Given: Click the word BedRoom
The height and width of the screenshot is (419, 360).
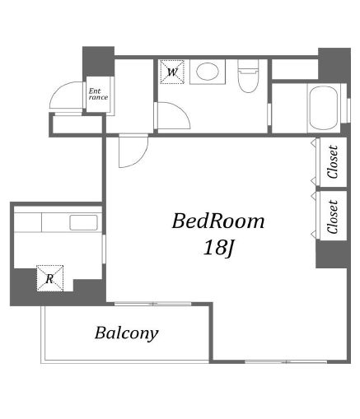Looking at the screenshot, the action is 218,221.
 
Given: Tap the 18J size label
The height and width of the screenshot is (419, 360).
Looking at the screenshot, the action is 218,249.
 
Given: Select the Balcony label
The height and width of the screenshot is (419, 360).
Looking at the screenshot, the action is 127,333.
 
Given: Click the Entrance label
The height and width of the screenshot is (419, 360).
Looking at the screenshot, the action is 98,94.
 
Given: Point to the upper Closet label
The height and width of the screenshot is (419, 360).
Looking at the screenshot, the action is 332,162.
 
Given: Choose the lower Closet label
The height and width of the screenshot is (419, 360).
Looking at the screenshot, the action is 332,216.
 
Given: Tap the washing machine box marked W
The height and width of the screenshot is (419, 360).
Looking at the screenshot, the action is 172,72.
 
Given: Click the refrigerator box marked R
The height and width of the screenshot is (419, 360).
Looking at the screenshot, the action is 49,278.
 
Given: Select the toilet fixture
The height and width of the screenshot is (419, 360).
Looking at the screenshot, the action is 248,76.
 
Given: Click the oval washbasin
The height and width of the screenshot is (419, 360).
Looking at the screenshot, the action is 208,72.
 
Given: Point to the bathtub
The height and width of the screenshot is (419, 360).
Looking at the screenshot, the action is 323,108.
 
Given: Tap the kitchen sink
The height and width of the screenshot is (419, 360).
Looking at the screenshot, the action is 84,222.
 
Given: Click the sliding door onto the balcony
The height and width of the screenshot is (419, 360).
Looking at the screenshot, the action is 152,304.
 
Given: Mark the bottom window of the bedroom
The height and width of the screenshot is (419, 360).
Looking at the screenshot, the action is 286,361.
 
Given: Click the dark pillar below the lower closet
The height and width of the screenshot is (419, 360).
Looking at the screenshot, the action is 333,254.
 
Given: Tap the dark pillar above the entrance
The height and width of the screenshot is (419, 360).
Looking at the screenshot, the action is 98,62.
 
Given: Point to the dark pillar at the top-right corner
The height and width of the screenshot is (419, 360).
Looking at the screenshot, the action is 334,65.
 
